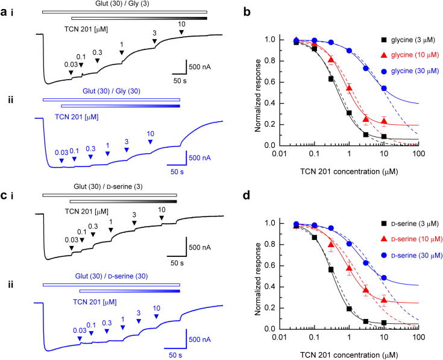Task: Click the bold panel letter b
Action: (x=247, y=10)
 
